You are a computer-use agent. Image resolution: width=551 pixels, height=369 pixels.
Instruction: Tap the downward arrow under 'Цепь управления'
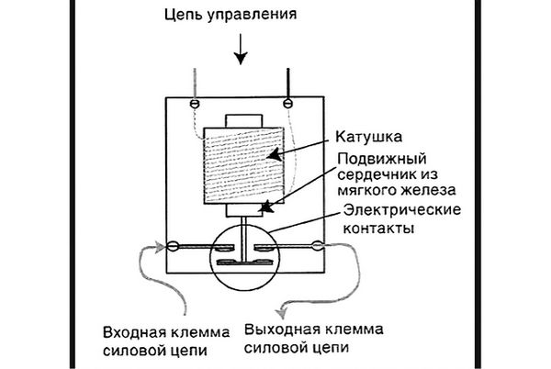pos(240,51)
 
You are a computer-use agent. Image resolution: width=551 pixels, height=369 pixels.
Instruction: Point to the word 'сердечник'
pos(363,174)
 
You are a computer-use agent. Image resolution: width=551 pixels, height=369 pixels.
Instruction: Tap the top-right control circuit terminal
pos(288,101)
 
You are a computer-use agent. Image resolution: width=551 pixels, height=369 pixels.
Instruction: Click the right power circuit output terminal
pos(317,245)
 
